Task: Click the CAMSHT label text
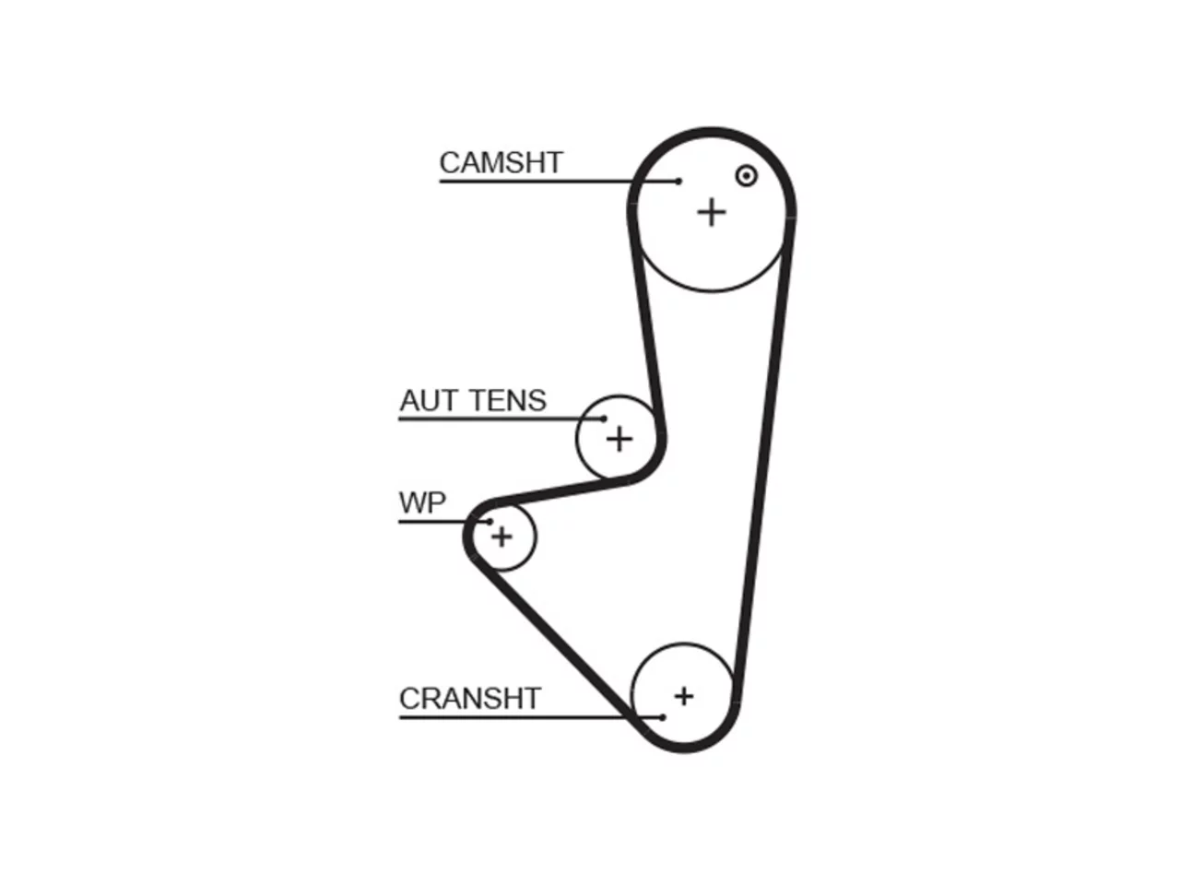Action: coord(501,163)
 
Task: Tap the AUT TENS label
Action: coord(473,400)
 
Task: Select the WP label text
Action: coord(422,503)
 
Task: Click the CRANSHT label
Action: coord(470,698)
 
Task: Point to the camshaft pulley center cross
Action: coord(711,212)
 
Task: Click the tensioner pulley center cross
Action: coord(619,439)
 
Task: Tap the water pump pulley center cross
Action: coord(502,537)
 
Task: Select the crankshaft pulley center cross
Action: coord(684,696)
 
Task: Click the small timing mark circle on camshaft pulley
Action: coord(746,176)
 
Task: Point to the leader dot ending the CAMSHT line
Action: coord(678,182)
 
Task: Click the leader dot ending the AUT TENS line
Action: coord(604,419)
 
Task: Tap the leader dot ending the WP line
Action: coord(490,521)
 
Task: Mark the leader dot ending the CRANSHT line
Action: coord(663,717)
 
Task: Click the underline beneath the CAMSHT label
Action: coord(559,182)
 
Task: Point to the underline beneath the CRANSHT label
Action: coord(531,717)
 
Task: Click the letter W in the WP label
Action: coord(415,503)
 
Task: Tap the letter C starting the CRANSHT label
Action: coord(409,698)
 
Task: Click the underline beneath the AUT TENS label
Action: coord(501,419)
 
